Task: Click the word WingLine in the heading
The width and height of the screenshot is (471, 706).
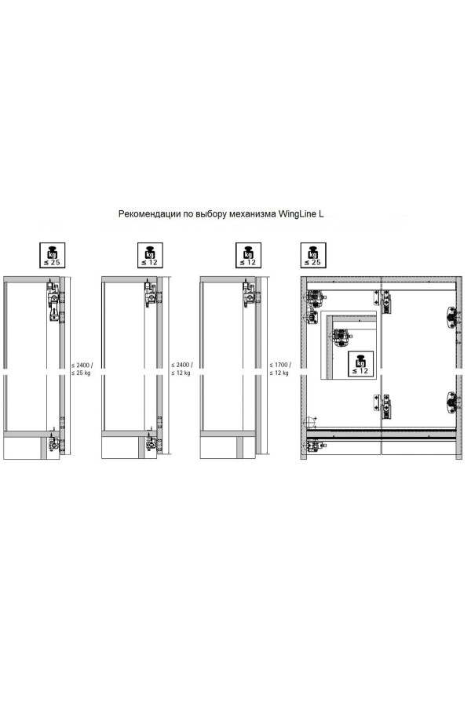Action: (x=298, y=214)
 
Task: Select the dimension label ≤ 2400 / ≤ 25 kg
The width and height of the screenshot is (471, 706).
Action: (x=82, y=369)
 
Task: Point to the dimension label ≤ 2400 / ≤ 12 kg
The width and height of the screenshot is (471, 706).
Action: (x=182, y=369)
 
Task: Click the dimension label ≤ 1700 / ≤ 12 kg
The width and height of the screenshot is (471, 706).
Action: (x=280, y=369)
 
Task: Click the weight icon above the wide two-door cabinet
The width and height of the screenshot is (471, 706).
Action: (x=313, y=255)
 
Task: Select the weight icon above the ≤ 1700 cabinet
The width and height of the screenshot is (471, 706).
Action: (x=248, y=255)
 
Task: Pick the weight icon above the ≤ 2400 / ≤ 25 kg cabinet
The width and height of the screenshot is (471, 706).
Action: (x=53, y=255)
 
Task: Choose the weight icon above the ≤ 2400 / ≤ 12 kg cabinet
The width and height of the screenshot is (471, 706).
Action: (x=150, y=255)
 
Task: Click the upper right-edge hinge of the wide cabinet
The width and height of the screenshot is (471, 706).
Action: (x=451, y=315)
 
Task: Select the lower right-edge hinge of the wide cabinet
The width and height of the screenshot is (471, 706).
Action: (x=451, y=401)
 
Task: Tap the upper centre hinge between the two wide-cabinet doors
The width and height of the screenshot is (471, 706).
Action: (x=384, y=302)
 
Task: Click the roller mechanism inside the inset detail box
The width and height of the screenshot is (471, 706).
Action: (x=341, y=337)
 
